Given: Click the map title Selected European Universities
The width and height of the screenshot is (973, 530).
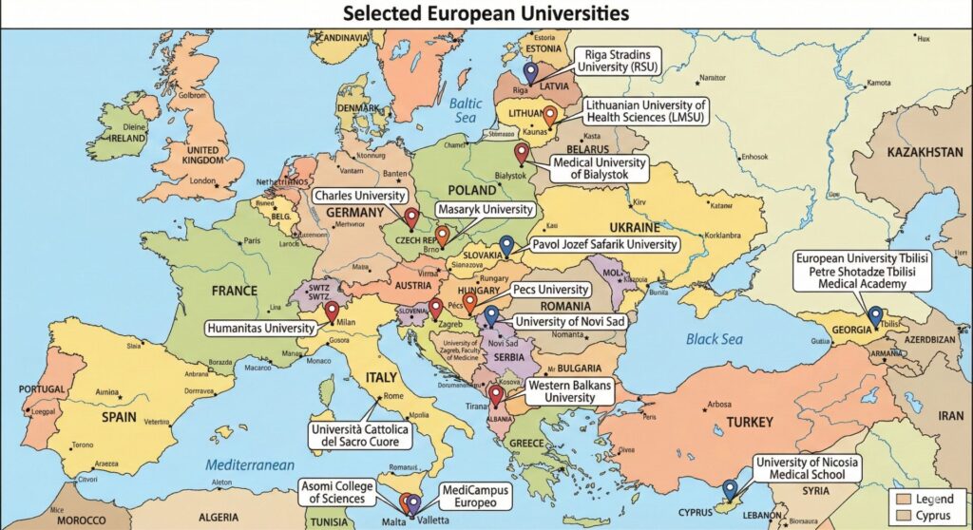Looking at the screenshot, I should [x=486, y=13].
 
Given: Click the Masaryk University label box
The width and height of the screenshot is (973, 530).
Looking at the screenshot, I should [x=484, y=208].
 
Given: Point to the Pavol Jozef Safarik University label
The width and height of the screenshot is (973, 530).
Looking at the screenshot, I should [x=604, y=244].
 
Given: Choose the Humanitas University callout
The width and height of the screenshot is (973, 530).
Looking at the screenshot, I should [x=260, y=328].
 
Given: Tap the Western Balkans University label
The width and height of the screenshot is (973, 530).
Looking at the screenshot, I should [x=569, y=391].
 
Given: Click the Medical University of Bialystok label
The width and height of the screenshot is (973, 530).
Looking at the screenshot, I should [x=600, y=169].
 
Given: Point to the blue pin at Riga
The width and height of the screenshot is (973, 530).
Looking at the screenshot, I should [x=530, y=71].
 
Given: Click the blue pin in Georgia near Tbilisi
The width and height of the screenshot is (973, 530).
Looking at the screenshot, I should [x=874, y=315].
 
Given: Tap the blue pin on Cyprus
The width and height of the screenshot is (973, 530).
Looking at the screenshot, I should [x=729, y=488].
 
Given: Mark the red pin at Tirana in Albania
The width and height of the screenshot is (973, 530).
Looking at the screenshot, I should [x=495, y=395].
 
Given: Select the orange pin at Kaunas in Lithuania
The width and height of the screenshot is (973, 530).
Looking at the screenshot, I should [x=549, y=116].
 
